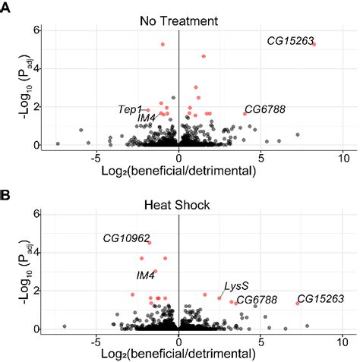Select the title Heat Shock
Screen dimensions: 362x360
tap(178, 204)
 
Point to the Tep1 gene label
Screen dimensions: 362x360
tap(130, 110)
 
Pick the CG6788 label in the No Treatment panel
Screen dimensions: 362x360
tap(264, 110)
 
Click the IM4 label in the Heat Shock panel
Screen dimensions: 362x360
tap(146, 275)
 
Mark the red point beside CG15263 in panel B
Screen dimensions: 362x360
tap(297, 303)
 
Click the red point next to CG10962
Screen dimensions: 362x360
tap(149, 243)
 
